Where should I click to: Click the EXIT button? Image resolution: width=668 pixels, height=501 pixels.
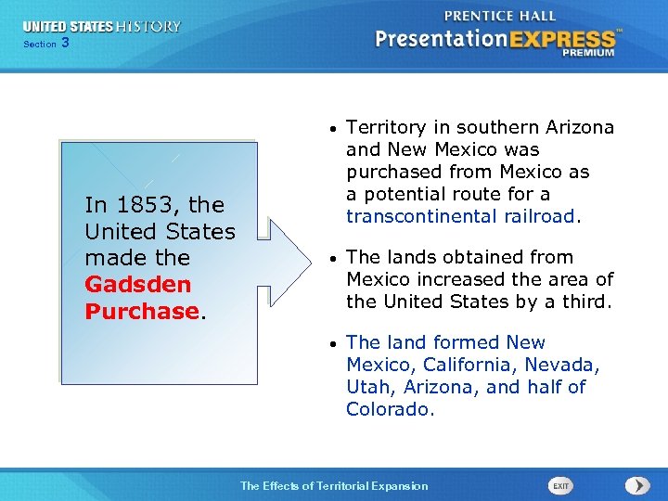561,485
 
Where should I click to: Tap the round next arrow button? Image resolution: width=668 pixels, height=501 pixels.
636,485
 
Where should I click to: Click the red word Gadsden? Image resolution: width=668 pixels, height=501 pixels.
137,284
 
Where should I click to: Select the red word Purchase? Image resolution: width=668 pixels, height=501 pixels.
142,311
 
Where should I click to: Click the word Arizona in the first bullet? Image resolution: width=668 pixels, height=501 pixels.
580,127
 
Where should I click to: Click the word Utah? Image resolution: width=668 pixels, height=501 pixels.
366,387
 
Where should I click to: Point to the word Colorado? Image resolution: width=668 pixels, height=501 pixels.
390,409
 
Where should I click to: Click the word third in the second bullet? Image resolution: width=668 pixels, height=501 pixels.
585,302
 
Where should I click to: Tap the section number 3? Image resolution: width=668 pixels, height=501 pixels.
65,43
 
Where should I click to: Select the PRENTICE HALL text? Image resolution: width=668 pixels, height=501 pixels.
500,16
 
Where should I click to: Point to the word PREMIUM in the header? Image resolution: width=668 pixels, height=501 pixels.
588,53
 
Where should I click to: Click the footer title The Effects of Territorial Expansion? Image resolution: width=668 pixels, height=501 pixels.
334,485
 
